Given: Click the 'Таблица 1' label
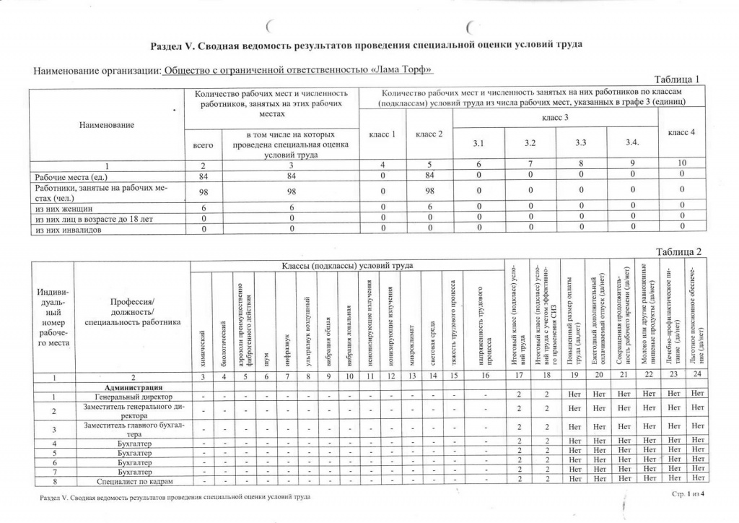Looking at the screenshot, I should [x=676, y=79].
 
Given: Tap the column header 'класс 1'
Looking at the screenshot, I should [x=382, y=135].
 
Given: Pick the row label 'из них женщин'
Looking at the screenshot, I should [x=61, y=207].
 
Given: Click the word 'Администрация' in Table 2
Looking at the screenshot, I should [x=132, y=387].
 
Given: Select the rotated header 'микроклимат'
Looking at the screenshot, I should [x=411, y=342].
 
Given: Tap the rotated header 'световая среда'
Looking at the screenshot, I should [x=432, y=340].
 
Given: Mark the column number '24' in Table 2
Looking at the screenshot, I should [x=696, y=377].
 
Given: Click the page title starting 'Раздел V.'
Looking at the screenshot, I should [x=366, y=46].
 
